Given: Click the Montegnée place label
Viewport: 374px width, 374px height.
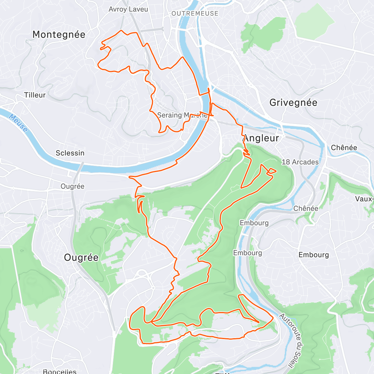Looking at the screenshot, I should pos(59,34).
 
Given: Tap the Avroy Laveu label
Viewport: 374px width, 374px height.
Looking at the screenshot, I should pos(128,9).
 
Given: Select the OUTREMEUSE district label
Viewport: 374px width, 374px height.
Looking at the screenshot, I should pos(195,14).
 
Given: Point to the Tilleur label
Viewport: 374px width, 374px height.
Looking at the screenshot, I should pos(35,95).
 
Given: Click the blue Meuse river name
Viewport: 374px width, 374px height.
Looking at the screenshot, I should pos(18,123).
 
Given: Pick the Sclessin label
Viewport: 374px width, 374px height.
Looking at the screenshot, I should pos(70,153).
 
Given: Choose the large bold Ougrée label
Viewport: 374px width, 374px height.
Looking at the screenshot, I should pos(81,257).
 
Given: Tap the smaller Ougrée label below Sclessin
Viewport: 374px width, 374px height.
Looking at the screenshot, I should pos(72,186).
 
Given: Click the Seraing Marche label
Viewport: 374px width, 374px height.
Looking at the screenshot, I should pos(182,115).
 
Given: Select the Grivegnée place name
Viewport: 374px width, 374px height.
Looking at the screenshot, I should pos(293,103).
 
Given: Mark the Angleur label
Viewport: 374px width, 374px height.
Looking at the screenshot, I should pos(261,138).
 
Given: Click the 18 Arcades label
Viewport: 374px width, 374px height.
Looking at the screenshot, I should pos(300,162).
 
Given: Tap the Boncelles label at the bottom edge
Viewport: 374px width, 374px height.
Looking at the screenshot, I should pos(60,371).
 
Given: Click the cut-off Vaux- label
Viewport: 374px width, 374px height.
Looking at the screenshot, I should pos(364,199).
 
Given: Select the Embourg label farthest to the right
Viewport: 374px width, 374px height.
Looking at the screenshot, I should pos(314,255).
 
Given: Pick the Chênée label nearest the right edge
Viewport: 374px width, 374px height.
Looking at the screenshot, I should pos(344,147).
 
